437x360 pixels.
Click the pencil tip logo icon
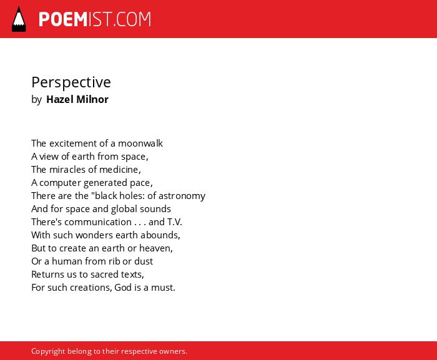click(x=19, y=19)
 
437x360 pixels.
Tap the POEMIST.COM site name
click(x=95, y=19)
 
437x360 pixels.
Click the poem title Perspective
click(x=71, y=82)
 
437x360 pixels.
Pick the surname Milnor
click(x=92, y=99)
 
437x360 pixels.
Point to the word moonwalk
click(x=140, y=144)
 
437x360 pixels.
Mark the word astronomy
click(x=182, y=196)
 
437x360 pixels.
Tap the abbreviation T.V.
click(x=174, y=222)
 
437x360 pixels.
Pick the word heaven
click(x=156, y=248)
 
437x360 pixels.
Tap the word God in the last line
click(x=123, y=287)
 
